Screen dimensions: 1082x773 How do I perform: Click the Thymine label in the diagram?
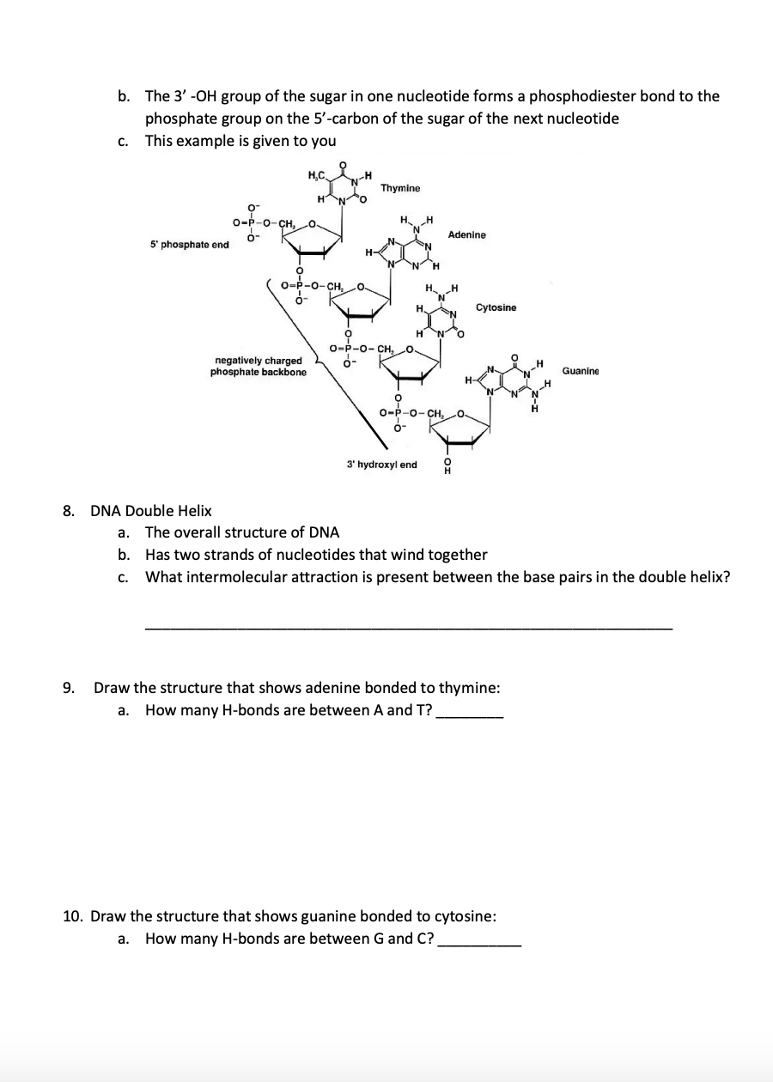tap(400, 188)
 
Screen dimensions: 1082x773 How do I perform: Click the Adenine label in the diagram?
tap(466, 234)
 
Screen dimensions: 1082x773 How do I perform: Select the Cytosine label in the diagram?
tap(496, 307)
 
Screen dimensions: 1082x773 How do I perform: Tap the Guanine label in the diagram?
tap(581, 371)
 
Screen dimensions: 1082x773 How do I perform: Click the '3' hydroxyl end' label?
tap(381, 465)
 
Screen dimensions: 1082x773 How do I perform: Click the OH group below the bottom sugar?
tap(447, 467)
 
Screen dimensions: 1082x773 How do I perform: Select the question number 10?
tap(72, 915)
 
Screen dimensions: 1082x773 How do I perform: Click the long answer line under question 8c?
tap(409, 629)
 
